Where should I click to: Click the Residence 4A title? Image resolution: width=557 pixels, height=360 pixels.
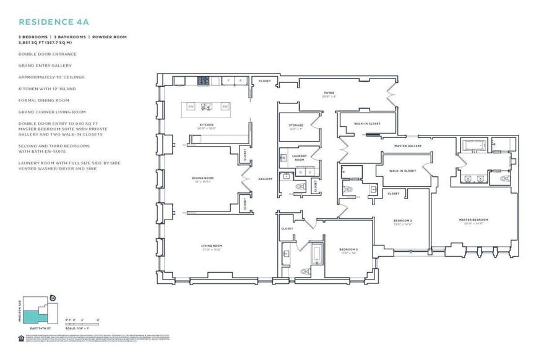[54, 21]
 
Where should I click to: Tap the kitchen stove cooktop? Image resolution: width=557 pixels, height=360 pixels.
[204, 80]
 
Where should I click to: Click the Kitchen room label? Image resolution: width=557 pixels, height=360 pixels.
[206, 126]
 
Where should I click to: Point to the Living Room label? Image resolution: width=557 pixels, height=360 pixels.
[212, 246]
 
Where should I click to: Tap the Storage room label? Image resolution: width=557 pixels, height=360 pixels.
[296, 126]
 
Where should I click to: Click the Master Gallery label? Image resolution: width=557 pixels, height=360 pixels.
[410, 146]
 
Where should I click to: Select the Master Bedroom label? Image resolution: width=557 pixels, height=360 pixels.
[473, 220]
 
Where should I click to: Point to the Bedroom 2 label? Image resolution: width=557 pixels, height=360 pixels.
[403, 221]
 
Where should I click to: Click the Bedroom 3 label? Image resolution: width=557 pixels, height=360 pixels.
[348, 250]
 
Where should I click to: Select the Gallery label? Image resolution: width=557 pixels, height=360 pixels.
[266, 179]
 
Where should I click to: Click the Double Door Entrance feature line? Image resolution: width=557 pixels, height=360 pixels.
[48, 54]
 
